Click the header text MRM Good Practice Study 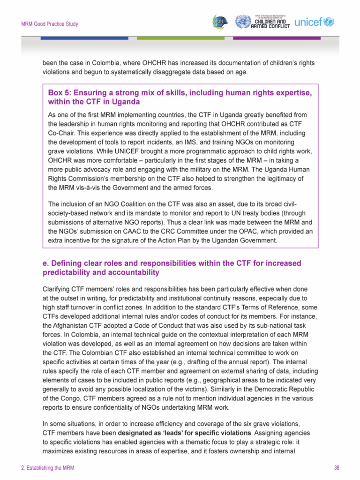(49, 24)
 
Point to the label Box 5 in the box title (59, 93)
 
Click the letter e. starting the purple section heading (45, 263)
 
